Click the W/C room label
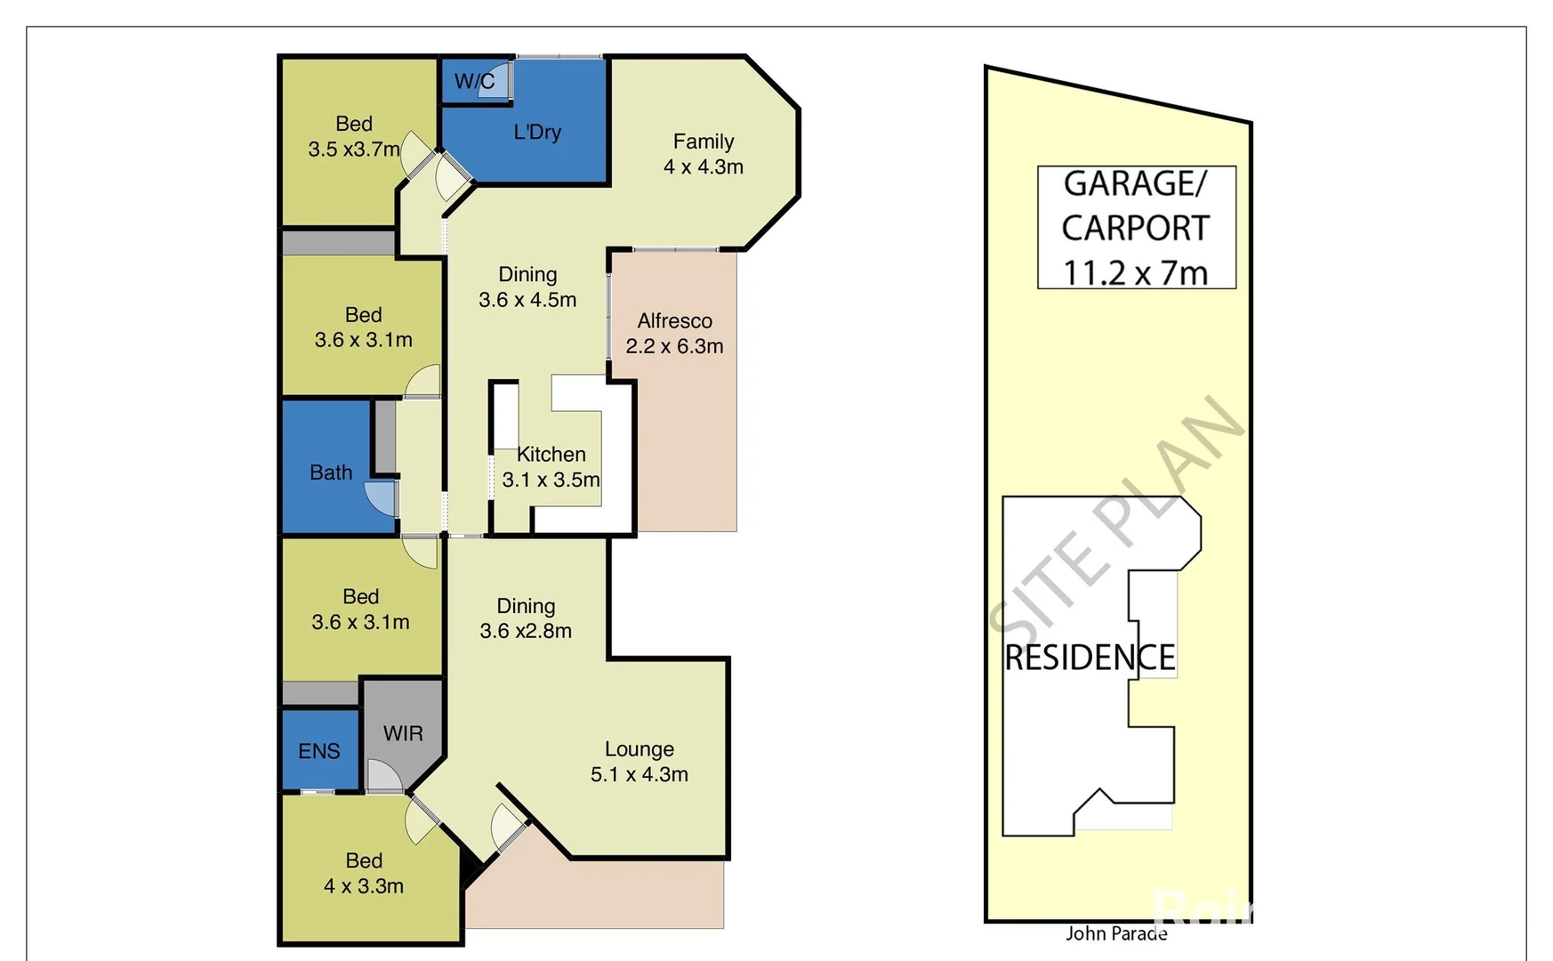(474, 82)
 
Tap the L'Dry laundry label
(537, 133)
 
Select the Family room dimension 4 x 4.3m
(704, 167)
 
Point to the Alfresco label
(674, 321)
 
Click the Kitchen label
(551, 455)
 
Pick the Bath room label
(331, 473)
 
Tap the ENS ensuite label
(319, 752)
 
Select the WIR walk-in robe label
(403, 734)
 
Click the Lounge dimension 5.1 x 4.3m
(640, 775)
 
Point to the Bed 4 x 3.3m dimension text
(364, 886)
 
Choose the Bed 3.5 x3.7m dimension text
(354, 149)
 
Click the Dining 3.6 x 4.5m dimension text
(527, 300)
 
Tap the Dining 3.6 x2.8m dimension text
(526, 631)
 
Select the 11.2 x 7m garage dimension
(1136, 272)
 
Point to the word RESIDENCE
(1090, 658)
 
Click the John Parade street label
(1116, 933)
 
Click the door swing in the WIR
(384, 776)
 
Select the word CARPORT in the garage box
(1136, 229)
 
